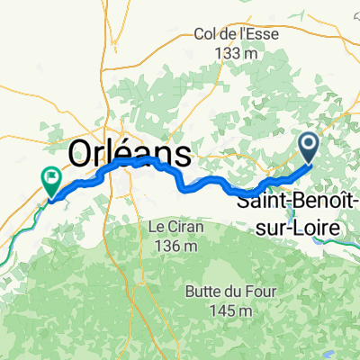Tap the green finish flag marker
click(52, 180)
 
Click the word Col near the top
click(206, 35)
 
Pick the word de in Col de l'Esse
click(229, 35)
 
